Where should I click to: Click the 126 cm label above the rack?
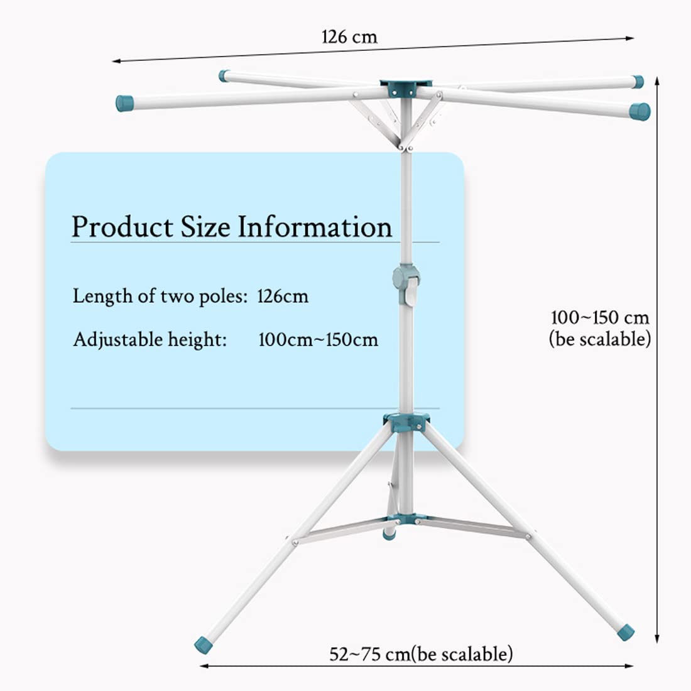[349, 36]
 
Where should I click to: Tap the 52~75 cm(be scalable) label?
[421, 654]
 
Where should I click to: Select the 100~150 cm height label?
[599, 317]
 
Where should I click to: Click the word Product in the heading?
[122, 227]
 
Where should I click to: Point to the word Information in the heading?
[315, 227]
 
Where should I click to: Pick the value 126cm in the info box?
[283, 296]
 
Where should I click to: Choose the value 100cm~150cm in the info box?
[318, 340]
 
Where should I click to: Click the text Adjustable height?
[150, 340]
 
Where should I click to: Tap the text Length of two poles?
[160, 296]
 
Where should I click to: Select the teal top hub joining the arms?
[406, 87]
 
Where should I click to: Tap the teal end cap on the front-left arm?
[125, 103]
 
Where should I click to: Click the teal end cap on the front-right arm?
[639, 112]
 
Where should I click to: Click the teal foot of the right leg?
[625, 631]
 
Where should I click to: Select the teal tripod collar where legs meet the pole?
[407, 422]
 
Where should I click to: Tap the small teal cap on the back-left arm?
[224, 76]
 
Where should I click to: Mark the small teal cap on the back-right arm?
[638, 82]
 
